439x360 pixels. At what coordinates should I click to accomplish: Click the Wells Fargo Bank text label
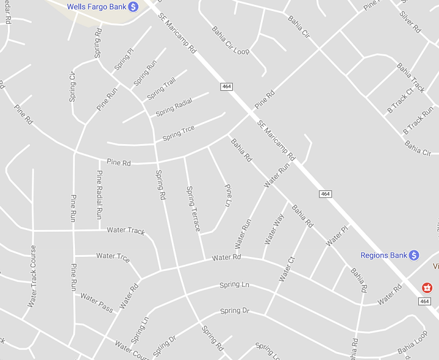pyautogui.click(x=96, y=6)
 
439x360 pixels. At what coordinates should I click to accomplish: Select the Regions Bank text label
pyautogui.click(x=383, y=255)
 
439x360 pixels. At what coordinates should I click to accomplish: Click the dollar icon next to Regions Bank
pyautogui.click(x=414, y=255)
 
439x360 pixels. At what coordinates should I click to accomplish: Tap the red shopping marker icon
pyautogui.click(x=427, y=287)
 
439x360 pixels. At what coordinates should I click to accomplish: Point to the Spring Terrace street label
pyautogui.click(x=193, y=209)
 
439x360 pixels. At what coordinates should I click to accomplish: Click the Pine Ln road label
pyautogui.click(x=228, y=195)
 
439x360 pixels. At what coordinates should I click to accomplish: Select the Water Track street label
pyautogui.click(x=126, y=230)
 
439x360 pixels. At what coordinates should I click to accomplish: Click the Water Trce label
pyautogui.click(x=113, y=257)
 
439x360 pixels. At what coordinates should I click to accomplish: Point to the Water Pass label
pyautogui.click(x=97, y=302)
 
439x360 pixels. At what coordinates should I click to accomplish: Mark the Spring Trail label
pyautogui.click(x=161, y=90)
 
